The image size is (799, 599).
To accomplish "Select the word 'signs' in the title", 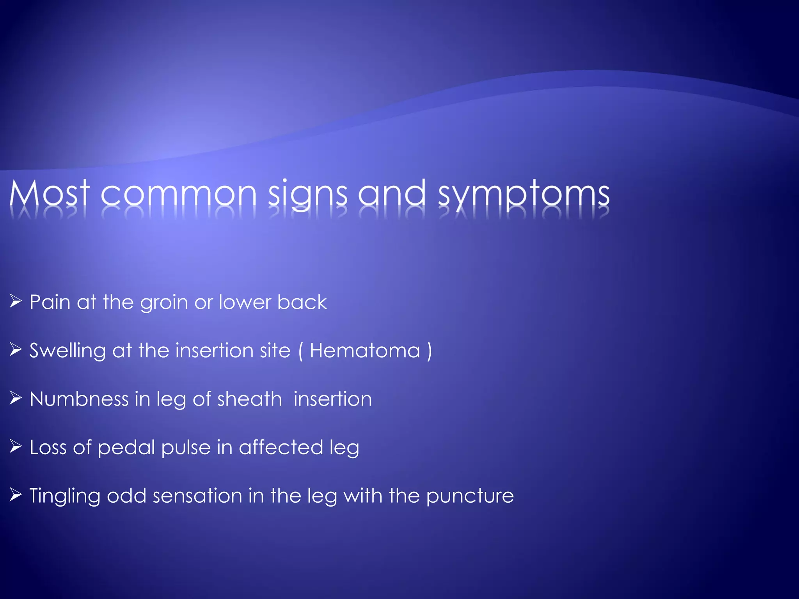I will point(307,194).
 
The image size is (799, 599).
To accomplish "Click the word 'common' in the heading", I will point(179,194).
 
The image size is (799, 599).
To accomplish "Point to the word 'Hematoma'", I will point(365,351).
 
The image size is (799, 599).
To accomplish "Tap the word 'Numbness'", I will point(79,399).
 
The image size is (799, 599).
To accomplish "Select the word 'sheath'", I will point(249,399).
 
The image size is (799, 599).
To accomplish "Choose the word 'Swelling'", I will point(67,351).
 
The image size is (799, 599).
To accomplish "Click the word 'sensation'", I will point(197,496).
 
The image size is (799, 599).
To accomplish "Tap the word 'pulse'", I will point(186,448).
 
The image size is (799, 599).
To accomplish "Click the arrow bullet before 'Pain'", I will point(16,301).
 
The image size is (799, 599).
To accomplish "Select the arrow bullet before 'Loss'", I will point(16,447).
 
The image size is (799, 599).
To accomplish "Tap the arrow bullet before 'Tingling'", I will point(16,495).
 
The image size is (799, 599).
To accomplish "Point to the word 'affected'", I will point(281,447).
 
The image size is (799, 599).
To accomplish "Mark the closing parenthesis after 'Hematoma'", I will point(429,351).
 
